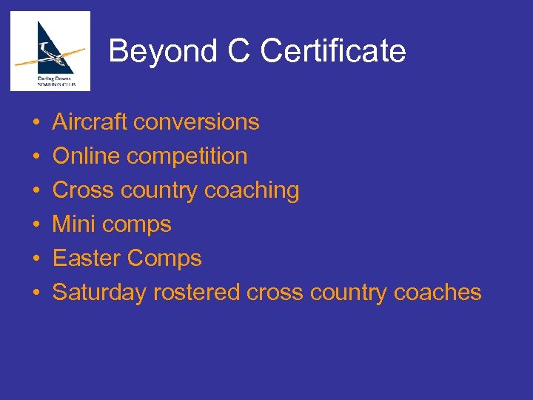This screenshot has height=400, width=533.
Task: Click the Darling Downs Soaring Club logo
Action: click(x=50, y=51)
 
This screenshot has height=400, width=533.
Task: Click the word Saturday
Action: click(x=100, y=293)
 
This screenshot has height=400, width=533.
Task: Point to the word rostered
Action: click(x=197, y=293)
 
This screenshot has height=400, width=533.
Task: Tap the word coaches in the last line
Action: click(x=438, y=293)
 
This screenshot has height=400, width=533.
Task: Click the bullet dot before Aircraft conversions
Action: click(x=36, y=122)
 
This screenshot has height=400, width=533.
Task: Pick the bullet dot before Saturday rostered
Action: click(x=36, y=293)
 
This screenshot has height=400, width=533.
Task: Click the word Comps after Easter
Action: click(x=164, y=259)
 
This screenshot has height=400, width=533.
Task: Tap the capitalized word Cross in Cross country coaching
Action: click(x=83, y=190)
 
